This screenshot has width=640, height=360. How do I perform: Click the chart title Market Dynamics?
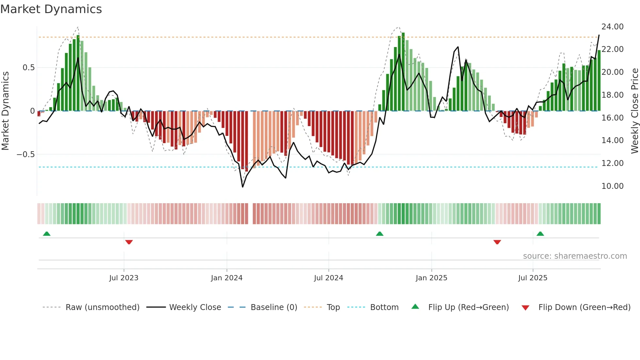[51, 9]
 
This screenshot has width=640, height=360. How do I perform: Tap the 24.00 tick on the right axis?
[612, 27]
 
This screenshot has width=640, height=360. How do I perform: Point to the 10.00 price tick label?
[612, 186]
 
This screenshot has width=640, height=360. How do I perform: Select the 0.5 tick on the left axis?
[28, 68]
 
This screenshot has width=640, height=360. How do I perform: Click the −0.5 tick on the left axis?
[26, 155]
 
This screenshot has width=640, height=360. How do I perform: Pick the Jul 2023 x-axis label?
[124, 278]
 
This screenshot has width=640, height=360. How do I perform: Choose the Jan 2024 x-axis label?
[227, 278]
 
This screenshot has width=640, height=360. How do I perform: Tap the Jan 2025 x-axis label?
[431, 278]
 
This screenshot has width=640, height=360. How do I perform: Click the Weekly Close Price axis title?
[634, 111]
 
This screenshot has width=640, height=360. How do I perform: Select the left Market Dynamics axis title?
[5, 111]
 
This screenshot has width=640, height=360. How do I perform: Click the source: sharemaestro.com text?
[575, 256]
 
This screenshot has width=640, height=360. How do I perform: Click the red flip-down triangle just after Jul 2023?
[129, 242]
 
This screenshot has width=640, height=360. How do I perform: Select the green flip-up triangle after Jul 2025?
[540, 234]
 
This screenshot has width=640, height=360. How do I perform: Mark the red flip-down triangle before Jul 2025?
[497, 242]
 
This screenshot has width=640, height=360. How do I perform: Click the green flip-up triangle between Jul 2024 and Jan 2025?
[379, 234]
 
